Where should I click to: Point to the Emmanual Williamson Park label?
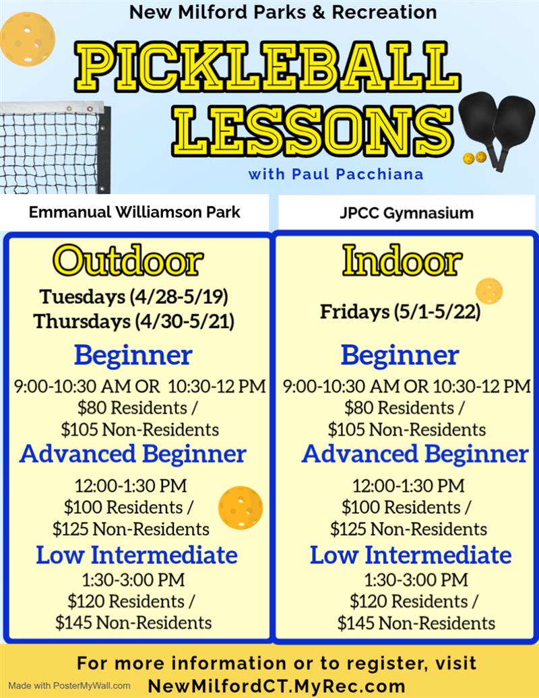(135, 212)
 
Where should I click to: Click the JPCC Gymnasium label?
(406, 214)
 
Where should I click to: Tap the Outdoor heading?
(128, 261)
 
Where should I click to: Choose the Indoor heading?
(402, 261)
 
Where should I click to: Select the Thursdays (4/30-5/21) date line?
(134, 321)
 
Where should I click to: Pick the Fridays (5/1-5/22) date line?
(400, 312)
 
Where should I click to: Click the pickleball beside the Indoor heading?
(488, 291)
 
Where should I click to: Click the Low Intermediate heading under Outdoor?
(137, 554)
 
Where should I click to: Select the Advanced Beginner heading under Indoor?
(414, 453)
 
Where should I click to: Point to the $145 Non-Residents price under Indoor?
(416, 623)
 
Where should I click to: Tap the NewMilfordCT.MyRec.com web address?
(277, 686)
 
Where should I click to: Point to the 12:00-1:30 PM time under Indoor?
(408, 485)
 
